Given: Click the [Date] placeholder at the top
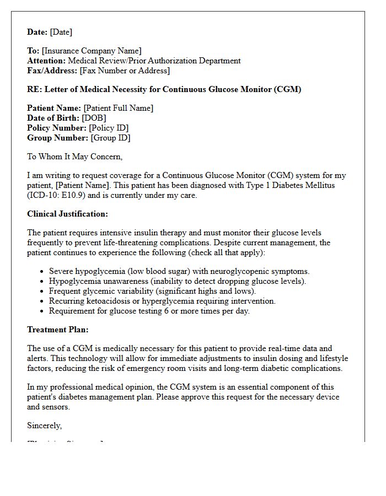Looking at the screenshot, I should (61, 32).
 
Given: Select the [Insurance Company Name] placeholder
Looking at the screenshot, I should (92, 51).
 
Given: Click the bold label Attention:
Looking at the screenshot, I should (46, 61).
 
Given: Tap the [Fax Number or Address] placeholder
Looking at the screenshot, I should (125, 71).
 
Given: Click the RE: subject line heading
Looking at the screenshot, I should (164, 89).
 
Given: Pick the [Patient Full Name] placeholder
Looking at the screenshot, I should (119, 108).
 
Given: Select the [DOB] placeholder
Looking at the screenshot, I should (94, 118).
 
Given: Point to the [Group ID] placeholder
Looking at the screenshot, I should (111, 138).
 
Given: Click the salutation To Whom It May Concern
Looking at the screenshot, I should (74, 157).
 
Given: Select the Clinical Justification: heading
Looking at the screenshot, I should (67, 214).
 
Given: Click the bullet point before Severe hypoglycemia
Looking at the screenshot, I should (42, 271).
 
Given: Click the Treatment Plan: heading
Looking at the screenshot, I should (57, 330).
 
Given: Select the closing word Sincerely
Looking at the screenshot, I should (44, 425).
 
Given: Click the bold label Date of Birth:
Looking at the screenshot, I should (53, 118).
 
